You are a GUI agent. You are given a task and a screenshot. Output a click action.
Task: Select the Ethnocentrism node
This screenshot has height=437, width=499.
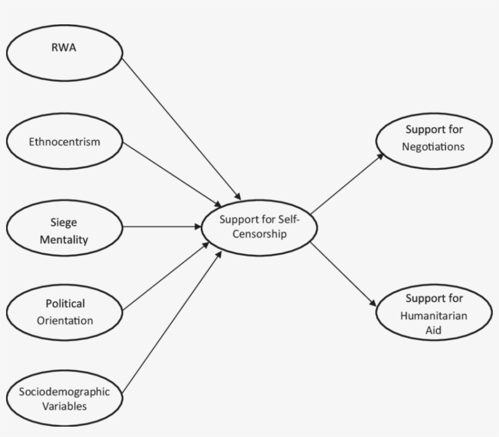pos(65,142)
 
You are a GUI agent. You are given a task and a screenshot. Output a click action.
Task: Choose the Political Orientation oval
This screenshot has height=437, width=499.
pos(65,312)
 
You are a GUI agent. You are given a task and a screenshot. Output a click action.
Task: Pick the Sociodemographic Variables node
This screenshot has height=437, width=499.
pos(65,399)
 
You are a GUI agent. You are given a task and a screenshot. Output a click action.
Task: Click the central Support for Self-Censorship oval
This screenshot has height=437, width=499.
pos(260,226)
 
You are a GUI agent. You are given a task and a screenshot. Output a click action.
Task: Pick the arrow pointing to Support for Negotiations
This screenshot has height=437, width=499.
pos(347,183)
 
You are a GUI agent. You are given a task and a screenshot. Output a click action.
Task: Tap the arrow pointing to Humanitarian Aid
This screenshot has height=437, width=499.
pos(344,274)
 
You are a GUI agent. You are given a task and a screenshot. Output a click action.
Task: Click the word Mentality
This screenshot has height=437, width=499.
pos(64,239)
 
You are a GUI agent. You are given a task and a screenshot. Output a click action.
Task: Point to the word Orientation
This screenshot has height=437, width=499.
pos(65,320)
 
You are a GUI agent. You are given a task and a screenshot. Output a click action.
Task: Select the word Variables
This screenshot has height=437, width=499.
pos(65,406)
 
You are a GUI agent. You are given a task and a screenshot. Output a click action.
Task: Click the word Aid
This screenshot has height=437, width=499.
pos(433,330)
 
